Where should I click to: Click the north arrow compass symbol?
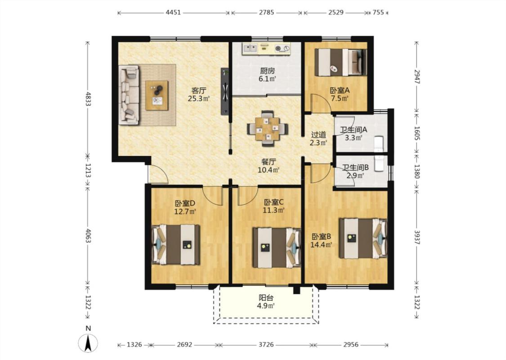coord(88,343)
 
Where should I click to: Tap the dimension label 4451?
coord(173,13)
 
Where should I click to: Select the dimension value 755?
coord(378,13)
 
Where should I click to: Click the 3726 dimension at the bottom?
coord(266,345)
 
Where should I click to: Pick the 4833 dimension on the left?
coord(88,99)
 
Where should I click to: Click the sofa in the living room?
coord(129,95)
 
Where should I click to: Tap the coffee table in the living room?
coord(157,95)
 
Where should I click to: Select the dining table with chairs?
coord(267,129)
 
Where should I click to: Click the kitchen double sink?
coord(250,49)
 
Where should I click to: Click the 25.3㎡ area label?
coord(199,99)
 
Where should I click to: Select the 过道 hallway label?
coord(318,135)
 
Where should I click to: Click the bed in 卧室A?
coord(341,62)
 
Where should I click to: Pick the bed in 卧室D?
coord(175,244)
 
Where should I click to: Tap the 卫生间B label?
coord(355,167)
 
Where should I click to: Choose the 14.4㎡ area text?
coord(321,245)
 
